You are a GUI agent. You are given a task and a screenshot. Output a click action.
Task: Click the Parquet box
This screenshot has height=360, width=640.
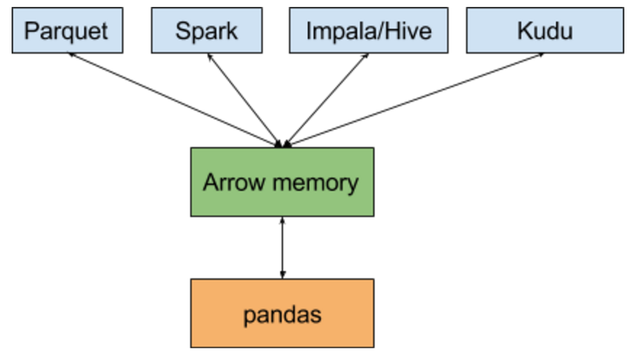click(67, 30)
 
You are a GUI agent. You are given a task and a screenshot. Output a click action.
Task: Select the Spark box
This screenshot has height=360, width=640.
click(206, 30)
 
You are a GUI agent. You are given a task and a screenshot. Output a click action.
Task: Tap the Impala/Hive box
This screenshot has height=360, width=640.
click(368, 30)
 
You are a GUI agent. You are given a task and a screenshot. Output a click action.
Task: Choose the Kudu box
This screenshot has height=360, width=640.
click(544, 30)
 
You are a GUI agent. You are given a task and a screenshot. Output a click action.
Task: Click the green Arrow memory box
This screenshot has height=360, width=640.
click(282, 182)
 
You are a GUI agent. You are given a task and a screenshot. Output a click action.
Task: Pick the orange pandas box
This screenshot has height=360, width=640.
click(282, 314)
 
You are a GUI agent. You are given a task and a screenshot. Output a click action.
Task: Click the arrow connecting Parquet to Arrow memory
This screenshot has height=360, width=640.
click(174, 99)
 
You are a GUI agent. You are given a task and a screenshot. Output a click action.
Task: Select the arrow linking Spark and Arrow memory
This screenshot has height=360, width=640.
click(244, 99)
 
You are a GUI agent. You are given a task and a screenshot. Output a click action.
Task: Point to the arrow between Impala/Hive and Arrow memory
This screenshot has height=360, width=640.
click(327, 99)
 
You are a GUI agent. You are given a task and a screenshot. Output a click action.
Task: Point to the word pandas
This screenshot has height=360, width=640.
click(282, 315)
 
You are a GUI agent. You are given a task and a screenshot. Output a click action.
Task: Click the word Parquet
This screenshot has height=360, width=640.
click(67, 31)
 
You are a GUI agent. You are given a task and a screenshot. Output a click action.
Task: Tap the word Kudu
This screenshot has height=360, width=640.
click(544, 31)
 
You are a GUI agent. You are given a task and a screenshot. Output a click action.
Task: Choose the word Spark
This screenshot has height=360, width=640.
click(206, 31)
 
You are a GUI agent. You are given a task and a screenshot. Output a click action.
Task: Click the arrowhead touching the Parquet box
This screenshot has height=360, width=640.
click(71, 55)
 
